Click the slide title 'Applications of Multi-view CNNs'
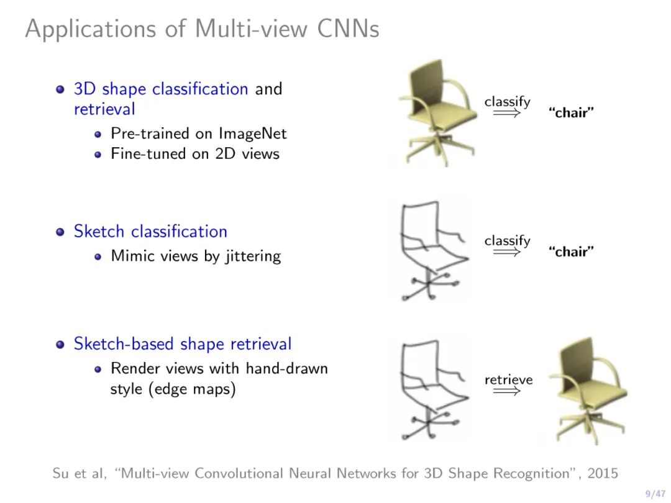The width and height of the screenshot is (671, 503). [x=202, y=29]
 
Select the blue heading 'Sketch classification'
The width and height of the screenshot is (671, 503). [x=150, y=232]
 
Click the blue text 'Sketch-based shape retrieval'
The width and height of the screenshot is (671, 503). [x=183, y=344]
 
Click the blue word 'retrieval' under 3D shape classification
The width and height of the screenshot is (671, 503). [x=104, y=109]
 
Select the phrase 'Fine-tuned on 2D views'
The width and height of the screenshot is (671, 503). [x=195, y=153]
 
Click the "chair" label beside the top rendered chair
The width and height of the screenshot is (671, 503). [x=571, y=113]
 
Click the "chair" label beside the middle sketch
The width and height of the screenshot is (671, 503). [x=571, y=251]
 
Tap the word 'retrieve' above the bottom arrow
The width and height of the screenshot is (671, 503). [x=508, y=379]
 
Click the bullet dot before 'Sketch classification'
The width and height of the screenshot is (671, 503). [x=60, y=232]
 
